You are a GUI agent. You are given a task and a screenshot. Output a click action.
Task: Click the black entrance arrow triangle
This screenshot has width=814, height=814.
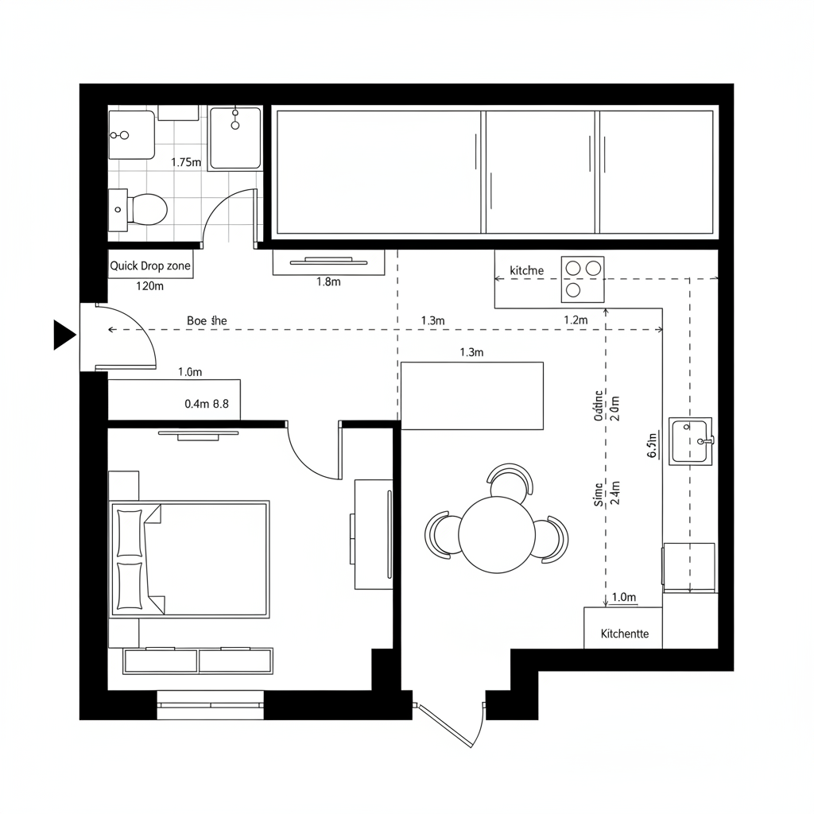point(63,334)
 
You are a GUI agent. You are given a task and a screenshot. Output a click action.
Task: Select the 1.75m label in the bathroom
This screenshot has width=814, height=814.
point(186,162)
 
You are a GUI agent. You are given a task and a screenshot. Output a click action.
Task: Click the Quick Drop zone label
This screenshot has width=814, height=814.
point(150,266)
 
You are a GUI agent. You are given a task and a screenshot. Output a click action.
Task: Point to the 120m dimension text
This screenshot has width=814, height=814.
point(149,286)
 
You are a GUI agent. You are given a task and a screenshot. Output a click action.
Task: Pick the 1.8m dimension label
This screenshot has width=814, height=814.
point(328,282)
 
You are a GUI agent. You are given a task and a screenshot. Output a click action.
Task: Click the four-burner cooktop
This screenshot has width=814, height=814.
point(582,279)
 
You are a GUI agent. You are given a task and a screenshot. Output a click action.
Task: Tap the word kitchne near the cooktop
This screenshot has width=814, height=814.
point(526,271)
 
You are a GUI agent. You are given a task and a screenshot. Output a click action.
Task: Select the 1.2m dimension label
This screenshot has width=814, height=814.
point(575,320)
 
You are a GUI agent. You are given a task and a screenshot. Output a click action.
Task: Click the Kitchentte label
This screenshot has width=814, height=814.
point(625,634)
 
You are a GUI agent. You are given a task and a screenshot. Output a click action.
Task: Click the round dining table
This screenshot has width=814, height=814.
point(496,534)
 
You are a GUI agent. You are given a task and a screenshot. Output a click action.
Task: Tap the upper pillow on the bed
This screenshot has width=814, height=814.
point(129,532)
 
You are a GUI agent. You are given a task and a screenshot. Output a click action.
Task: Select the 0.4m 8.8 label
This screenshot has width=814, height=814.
point(207,404)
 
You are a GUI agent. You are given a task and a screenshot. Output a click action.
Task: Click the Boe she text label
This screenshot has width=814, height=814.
point(207,320)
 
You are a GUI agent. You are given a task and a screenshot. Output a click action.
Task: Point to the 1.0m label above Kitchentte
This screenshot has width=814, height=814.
point(624,597)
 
